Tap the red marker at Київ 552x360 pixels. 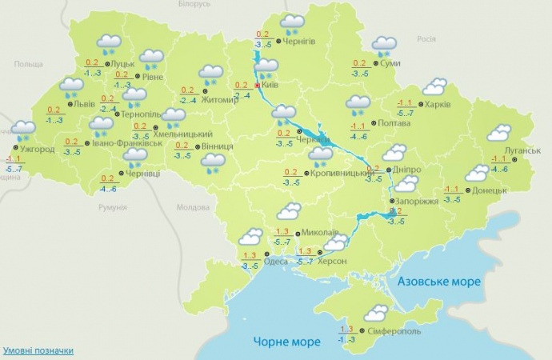(x=257, y=85)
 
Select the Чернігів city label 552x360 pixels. (x=299, y=41)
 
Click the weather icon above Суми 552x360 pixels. (x=384, y=46)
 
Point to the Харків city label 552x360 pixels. (x=438, y=104)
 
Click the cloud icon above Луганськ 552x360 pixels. (x=499, y=133)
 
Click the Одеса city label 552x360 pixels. (x=275, y=261)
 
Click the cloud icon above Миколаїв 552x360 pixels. (x=287, y=211)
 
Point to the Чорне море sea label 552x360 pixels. (x=286, y=342)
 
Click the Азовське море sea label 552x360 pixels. (x=439, y=282)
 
